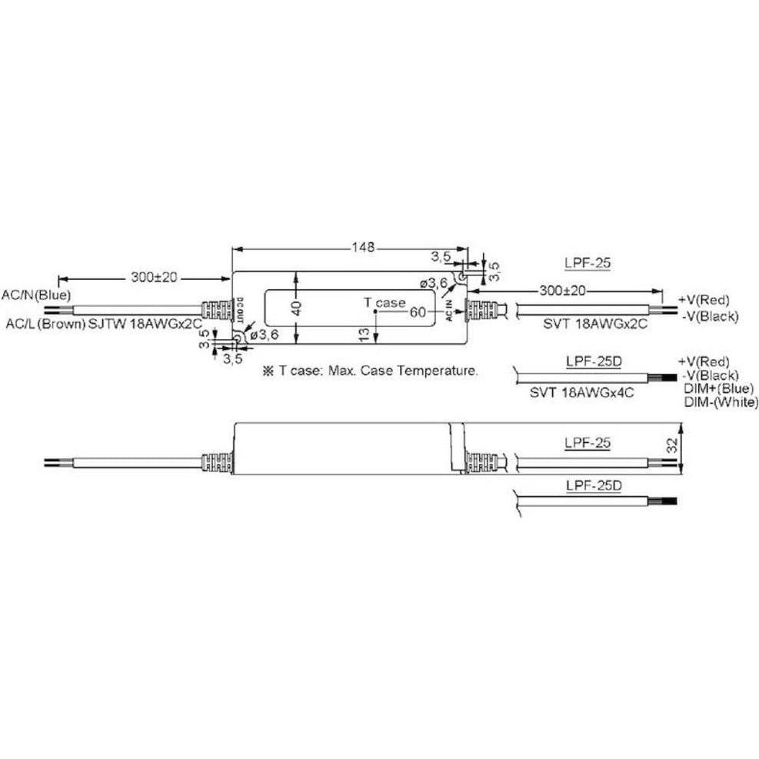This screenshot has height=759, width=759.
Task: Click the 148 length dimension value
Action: click(x=363, y=248)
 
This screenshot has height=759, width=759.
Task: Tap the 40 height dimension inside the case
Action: click(x=297, y=308)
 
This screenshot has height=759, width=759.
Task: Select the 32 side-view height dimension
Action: click(x=671, y=444)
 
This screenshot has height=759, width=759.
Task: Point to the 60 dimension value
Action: click(x=418, y=312)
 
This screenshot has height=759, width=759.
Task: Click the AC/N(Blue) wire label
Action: click(x=36, y=295)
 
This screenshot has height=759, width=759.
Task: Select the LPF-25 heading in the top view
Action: click(x=588, y=264)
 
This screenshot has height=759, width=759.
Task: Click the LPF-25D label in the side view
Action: click(x=593, y=486)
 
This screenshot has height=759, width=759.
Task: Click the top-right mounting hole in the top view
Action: click(x=461, y=275)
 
